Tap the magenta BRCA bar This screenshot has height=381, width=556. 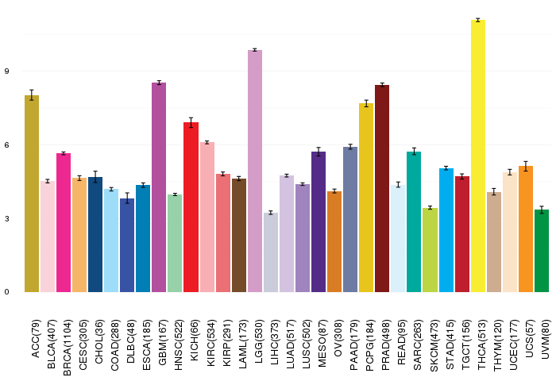pos(64,222)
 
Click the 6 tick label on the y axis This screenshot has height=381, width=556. pos(6,145)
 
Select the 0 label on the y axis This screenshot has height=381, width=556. pos(6,292)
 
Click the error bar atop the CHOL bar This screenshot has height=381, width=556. pos(95,177)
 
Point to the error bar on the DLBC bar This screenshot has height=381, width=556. pos(127,198)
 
